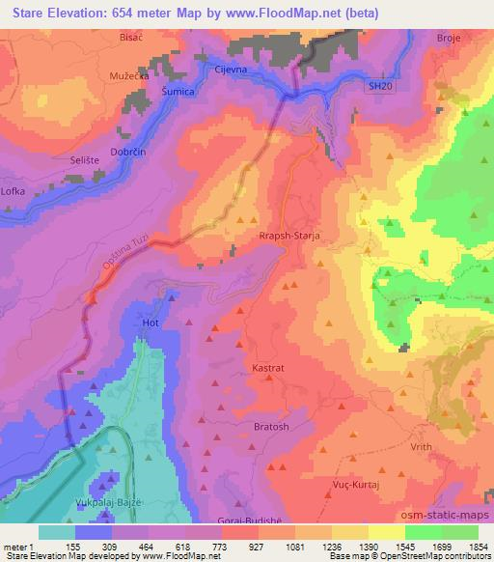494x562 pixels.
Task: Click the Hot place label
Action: point(150,323)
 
